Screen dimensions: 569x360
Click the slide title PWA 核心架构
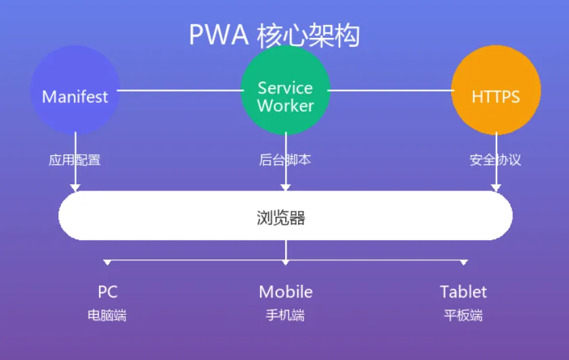click(274, 35)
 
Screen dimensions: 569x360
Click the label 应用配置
click(75, 161)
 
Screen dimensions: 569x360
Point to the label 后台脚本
click(285, 161)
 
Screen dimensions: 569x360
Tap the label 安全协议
click(496, 161)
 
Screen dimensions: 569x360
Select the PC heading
click(108, 292)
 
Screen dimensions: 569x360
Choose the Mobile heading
click(286, 292)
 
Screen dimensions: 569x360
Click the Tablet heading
click(463, 292)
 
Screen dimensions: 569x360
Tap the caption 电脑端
click(107, 315)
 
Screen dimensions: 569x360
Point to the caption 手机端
click(285, 315)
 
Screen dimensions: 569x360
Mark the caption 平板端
click(463, 315)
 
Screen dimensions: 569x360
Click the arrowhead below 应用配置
click(75, 186)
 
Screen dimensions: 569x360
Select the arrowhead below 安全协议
click(496, 186)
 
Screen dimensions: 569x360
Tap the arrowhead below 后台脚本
click(285, 186)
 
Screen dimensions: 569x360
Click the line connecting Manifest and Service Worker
click(180, 89)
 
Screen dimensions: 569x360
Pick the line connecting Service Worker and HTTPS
click(390, 89)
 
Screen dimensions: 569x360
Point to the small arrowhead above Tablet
click(463, 262)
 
